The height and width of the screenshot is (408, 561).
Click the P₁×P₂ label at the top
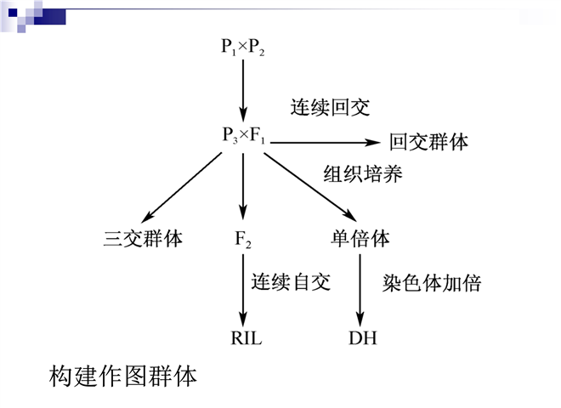tap(244, 48)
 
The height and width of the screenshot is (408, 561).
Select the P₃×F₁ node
tap(244, 136)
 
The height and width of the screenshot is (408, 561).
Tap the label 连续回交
tap(330, 108)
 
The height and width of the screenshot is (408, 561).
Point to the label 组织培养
tap(362, 174)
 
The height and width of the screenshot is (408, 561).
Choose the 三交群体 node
tap(142, 239)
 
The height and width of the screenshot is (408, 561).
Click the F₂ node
tap(243, 240)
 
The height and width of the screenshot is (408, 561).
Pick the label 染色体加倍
tap(431, 283)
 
